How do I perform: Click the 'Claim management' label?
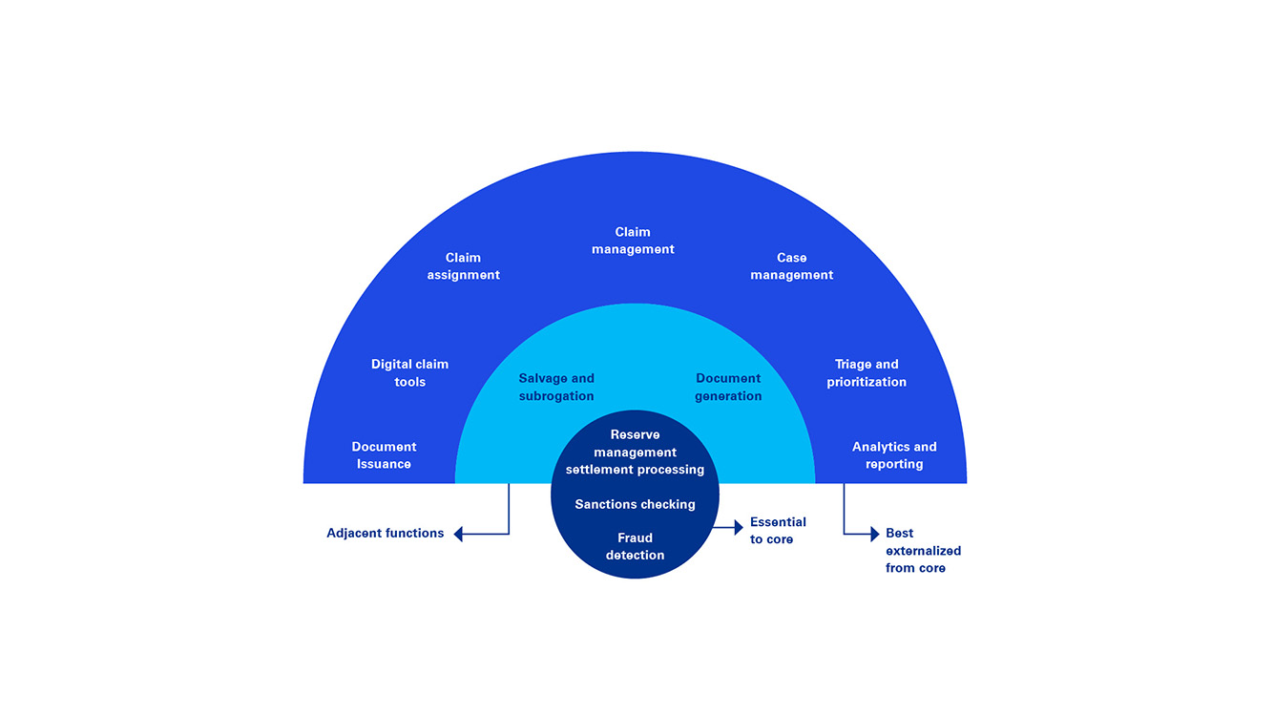(x=633, y=241)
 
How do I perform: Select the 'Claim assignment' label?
(x=463, y=266)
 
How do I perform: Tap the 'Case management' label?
(x=791, y=266)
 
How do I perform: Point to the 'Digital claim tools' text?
(x=409, y=373)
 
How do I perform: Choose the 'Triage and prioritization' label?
(x=867, y=373)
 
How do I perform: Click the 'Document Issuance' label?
(x=384, y=455)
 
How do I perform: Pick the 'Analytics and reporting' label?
(x=894, y=455)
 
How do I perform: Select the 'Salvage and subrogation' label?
(x=556, y=388)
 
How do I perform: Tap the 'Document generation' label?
(x=728, y=388)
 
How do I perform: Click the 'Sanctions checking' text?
(x=635, y=504)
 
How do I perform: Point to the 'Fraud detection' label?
(x=635, y=546)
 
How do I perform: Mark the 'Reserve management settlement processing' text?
(x=635, y=453)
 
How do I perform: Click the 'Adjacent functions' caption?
(x=385, y=534)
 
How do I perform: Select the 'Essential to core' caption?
(x=778, y=531)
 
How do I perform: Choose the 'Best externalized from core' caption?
(x=922, y=551)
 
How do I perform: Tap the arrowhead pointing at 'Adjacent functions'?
(x=458, y=534)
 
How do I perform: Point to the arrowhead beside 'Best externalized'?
(x=873, y=534)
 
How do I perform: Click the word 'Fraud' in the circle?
(x=635, y=537)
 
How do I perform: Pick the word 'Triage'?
(x=853, y=365)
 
